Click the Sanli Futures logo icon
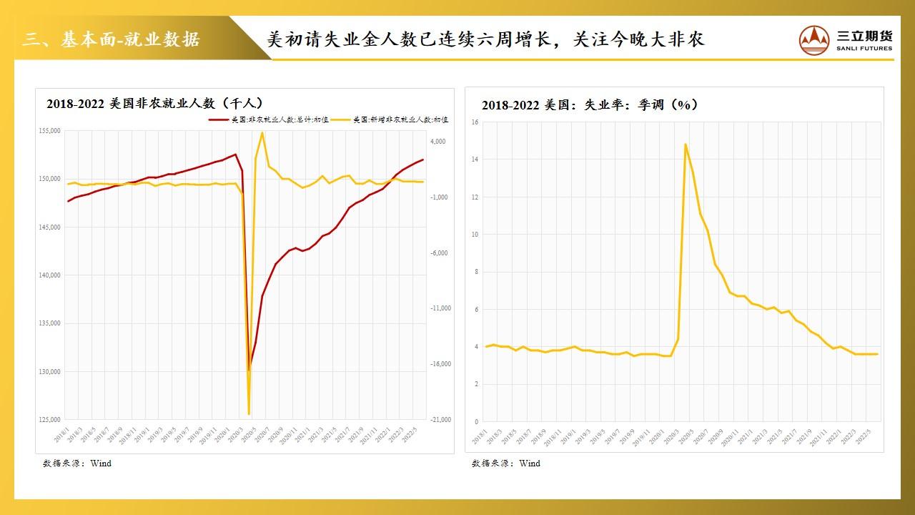815,40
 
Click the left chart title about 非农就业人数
155,104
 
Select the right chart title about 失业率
590,105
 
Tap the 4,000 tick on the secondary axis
436,142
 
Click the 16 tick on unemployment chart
475,122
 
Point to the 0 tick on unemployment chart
476,422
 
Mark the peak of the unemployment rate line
686,144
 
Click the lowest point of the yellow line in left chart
249,414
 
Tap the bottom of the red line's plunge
249,371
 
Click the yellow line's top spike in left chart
262,132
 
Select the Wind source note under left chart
77,463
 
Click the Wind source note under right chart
506,463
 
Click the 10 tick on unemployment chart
475,235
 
